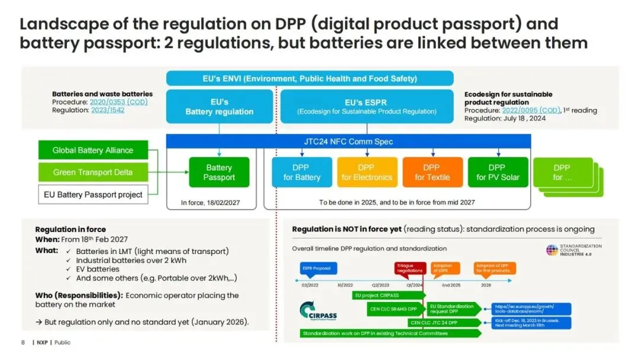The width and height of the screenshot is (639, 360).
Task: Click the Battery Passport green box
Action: click(x=219, y=172)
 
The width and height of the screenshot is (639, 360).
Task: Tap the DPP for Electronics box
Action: click(x=367, y=172)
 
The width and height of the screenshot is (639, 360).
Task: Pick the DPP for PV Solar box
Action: click(x=497, y=172)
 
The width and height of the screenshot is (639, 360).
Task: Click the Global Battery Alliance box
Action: click(x=93, y=150)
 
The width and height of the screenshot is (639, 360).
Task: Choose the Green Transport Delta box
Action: click(x=93, y=172)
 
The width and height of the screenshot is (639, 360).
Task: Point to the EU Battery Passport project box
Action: click(x=93, y=194)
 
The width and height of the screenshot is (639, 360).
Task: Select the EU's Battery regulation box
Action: click(x=219, y=107)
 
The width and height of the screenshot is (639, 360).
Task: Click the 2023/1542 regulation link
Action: click(x=108, y=110)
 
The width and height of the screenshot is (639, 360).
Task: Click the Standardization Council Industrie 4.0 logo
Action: click(x=573, y=249)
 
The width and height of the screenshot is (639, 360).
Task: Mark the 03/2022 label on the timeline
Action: click(x=310, y=285)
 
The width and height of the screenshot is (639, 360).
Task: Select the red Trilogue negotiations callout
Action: click(x=409, y=268)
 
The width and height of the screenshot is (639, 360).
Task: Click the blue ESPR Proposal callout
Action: click(x=319, y=268)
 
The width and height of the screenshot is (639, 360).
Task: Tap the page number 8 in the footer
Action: click(x=23, y=342)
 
